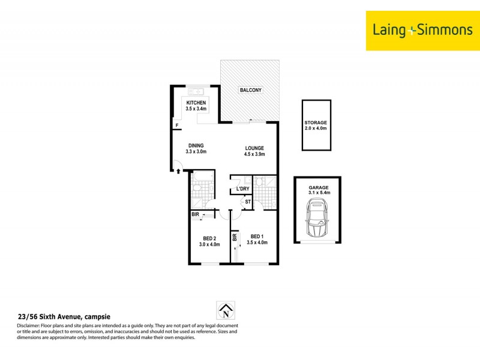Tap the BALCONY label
click(250, 90)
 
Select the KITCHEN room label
click(196, 103)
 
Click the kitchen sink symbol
click(196, 92)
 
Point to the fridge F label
click(177, 125)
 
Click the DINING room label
click(196, 145)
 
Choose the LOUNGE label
click(254, 148)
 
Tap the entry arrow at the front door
click(178, 172)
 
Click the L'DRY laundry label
click(242, 189)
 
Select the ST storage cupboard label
click(247, 202)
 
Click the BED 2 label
click(209, 238)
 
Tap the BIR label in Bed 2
click(196, 214)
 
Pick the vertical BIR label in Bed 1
click(235, 238)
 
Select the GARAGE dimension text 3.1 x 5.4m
click(320, 192)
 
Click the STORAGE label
click(316, 122)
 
